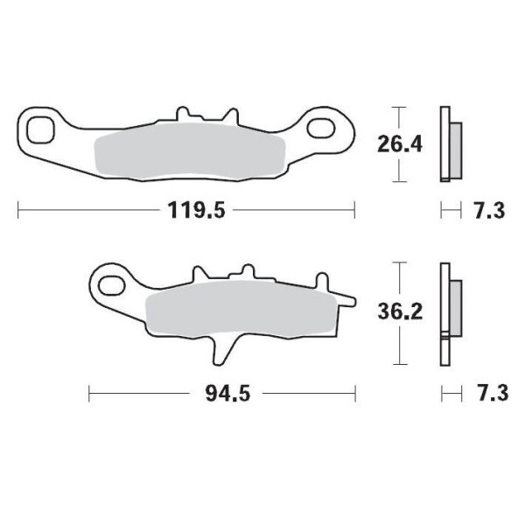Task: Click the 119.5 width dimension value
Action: [x=185, y=210]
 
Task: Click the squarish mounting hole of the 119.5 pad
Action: [x=40, y=130]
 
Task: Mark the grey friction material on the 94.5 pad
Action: [x=236, y=312]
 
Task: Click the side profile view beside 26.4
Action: [x=450, y=144]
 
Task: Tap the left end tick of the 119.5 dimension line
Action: [x=18, y=210]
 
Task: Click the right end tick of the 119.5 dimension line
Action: [x=354, y=210]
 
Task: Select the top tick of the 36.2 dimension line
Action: [x=400, y=262]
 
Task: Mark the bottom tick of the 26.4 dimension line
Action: [x=400, y=181]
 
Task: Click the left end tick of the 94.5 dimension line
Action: [x=89, y=394]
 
